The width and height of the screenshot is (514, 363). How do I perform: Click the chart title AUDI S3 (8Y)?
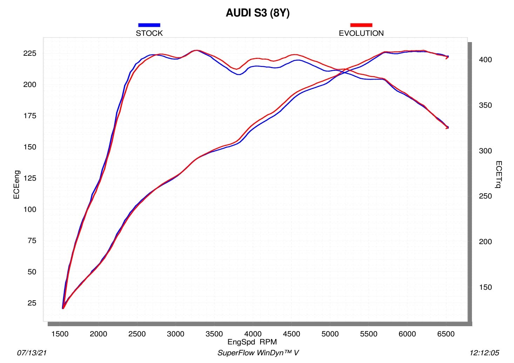[257, 13]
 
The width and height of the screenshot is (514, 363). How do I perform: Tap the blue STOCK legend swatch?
[149, 25]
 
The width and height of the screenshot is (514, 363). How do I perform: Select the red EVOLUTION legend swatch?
[361, 25]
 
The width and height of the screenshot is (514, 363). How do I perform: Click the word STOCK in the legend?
[149, 33]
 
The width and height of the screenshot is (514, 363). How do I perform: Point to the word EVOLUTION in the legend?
[361, 33]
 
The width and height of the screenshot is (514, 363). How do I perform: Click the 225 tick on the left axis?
[30, 53]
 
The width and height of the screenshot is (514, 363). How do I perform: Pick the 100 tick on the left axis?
[30, 209]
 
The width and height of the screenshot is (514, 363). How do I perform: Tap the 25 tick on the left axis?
[32, 303]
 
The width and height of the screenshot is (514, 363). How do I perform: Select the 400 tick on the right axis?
[485, 60]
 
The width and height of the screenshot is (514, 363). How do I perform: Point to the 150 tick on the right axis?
[485, 287]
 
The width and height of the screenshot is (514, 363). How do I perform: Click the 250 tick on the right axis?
[485, 196]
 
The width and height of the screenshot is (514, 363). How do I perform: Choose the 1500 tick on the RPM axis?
[60, 334]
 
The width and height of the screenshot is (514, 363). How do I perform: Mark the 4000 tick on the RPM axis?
[253, 334]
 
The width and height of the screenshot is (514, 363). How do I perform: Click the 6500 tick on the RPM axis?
[446, 334]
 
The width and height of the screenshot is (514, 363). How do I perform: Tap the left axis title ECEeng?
[16, 184]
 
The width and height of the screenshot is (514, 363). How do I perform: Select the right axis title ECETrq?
[499, 174]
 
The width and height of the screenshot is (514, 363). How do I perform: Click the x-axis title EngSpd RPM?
[252, 342]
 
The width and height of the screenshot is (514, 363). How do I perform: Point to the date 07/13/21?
[32, 353]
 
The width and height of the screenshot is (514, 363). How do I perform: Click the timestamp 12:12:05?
[484, 353]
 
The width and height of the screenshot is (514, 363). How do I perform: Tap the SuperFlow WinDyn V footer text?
[258, 353]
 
